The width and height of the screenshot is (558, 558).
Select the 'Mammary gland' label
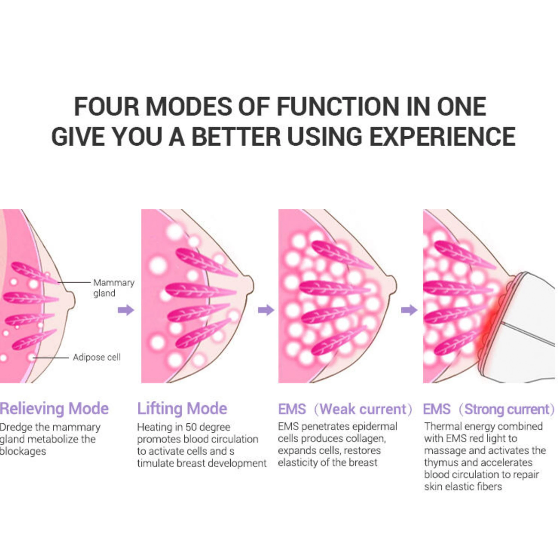(114, 288)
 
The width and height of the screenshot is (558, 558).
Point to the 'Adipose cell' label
(97, 357)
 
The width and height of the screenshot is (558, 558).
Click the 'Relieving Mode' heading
(54, 409)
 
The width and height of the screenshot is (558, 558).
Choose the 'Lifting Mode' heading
(182, 409)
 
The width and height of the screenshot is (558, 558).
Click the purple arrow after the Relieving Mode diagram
(126, 310)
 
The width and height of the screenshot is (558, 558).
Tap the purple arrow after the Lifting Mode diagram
(266, 310)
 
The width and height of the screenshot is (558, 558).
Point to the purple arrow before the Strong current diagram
(409, 310)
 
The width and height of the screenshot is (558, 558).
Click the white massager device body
(531, 312)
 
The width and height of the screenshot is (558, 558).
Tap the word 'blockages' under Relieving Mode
(23, 451)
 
